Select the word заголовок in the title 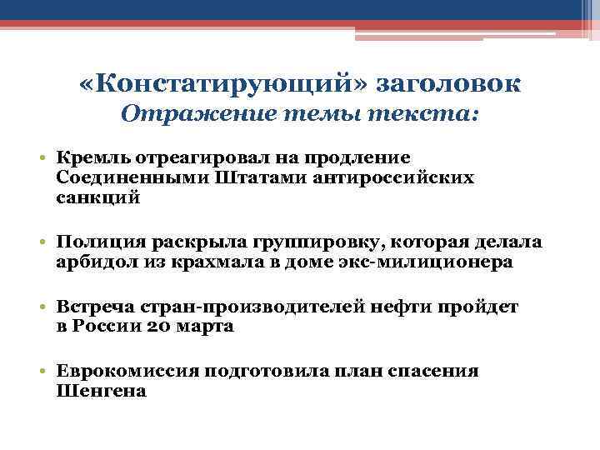coord(449,83)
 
